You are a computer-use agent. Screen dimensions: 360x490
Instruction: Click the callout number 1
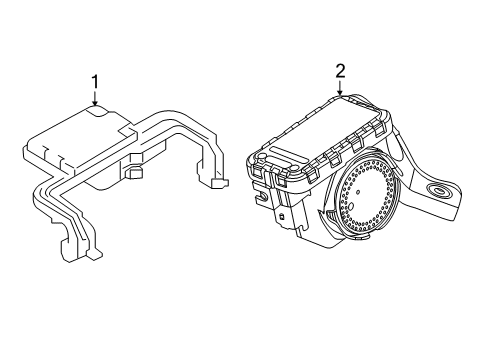coord(95,82)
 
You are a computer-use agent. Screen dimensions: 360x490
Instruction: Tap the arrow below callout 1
coord(95,100)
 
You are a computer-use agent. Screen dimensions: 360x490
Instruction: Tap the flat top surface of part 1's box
coord(75,135)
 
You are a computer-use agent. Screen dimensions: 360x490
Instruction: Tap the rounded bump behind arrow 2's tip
coord(352,97)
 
